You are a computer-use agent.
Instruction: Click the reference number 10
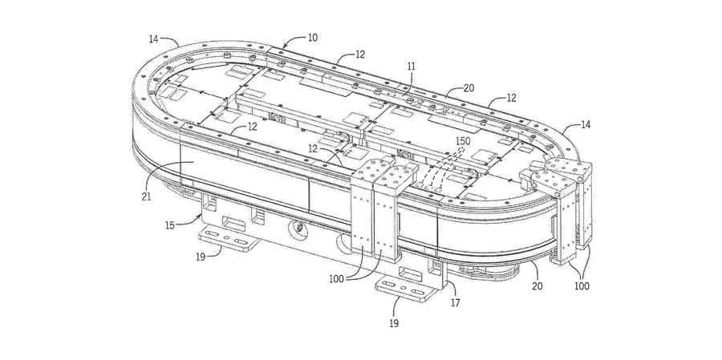312,38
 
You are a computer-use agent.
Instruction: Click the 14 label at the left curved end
154,38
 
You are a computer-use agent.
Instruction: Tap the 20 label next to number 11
467,90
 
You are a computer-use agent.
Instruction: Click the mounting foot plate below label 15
230,239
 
